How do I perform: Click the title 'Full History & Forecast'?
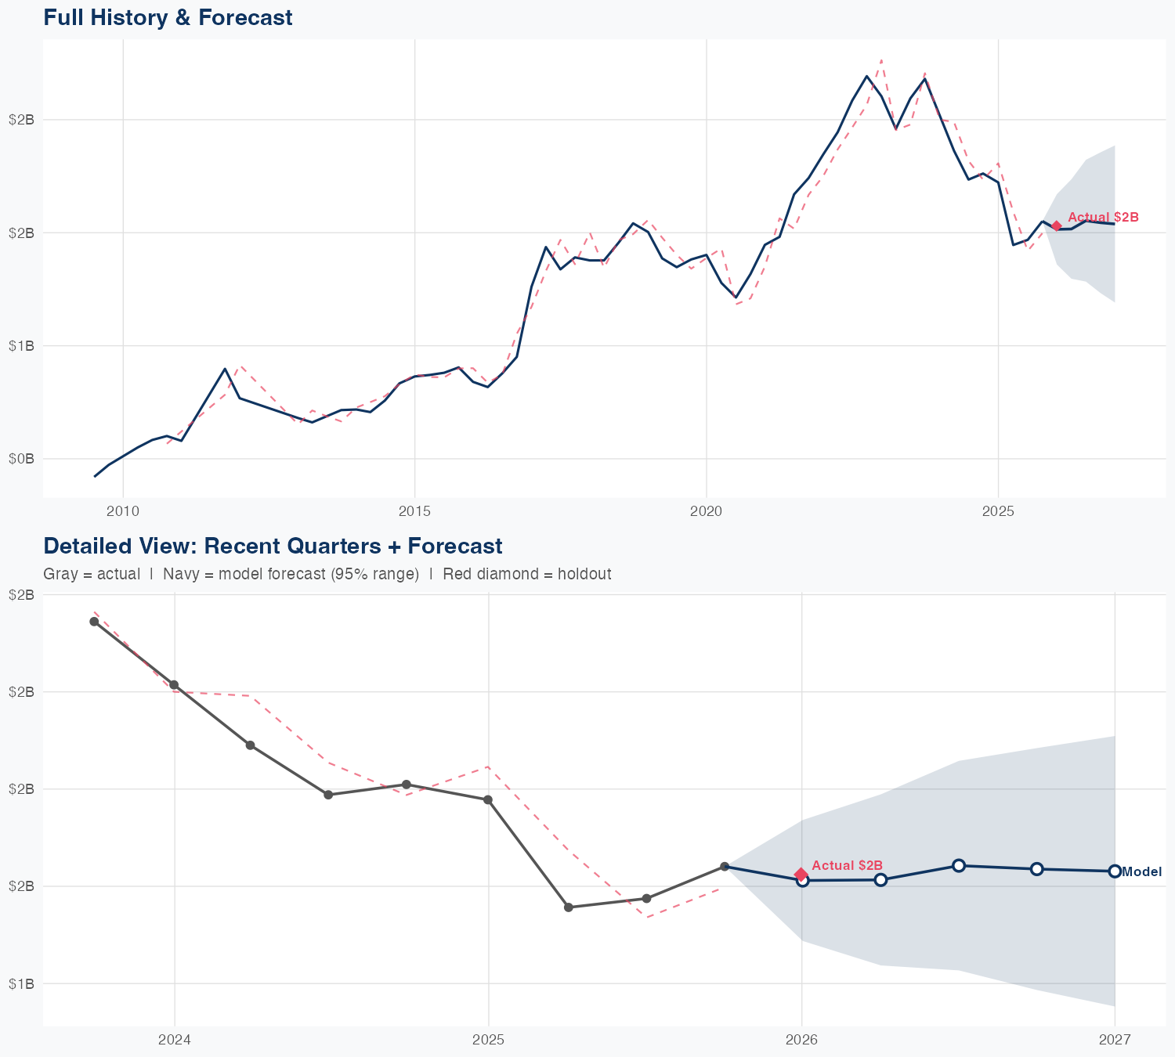click(x=168, y=17)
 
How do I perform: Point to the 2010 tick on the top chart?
click(x=123, y=511)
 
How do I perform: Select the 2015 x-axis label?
click(x=414, y=511)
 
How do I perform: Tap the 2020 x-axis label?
click(x=706, y=511)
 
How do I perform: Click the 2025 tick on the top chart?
click(x=998, y=511)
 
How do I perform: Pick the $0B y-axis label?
click(x=21, y=459)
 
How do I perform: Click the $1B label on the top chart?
click(x=21, y=346)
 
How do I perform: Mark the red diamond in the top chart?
click(x=1056, y=226)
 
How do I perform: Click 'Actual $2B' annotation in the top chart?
click(x=1103, y=217)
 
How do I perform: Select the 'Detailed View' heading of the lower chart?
click(x=273, y=546)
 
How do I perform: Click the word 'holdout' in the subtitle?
click(x=584, y=574)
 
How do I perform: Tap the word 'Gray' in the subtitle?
click(x=60, y=574)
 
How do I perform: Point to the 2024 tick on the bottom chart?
click(x=174, y=1040)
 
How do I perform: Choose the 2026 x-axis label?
click(x=801, y=1040)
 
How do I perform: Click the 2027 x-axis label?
click(x=1115, y=1040)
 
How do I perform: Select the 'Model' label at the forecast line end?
click(x=1142, y=872)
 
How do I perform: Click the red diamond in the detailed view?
click(x=801, y=874)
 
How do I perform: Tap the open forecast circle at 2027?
click(x=1115, y=871)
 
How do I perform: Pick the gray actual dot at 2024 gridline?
click(x=174, y=685)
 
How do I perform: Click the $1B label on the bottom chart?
click(x=21, y=983)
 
